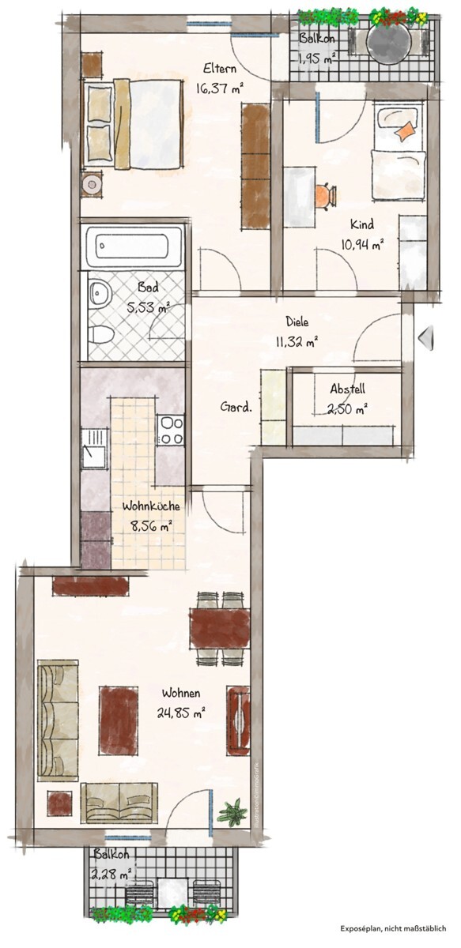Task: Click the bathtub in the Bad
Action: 133,246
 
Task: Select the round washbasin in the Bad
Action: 100,293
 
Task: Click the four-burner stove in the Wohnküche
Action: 170,430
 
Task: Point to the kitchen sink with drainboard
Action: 93,448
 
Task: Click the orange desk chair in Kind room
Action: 325,196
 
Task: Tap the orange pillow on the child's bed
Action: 405,131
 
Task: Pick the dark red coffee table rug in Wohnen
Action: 119,720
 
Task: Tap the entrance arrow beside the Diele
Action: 426,338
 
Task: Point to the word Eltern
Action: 220,68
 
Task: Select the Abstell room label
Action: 347,389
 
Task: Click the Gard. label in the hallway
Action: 236,408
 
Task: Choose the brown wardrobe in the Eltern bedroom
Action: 255,167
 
